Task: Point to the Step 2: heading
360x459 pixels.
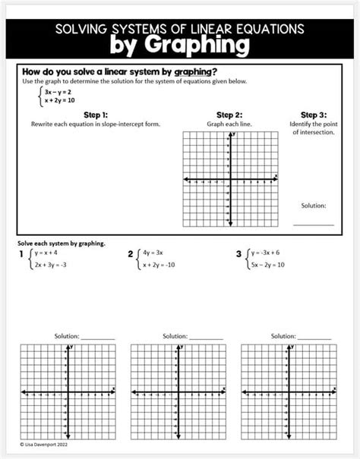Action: (229, 114)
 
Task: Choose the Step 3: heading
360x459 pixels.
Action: (313, 114)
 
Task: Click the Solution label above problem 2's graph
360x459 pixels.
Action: (175, 335)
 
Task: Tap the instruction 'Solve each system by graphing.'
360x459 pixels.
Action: (61, 243)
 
